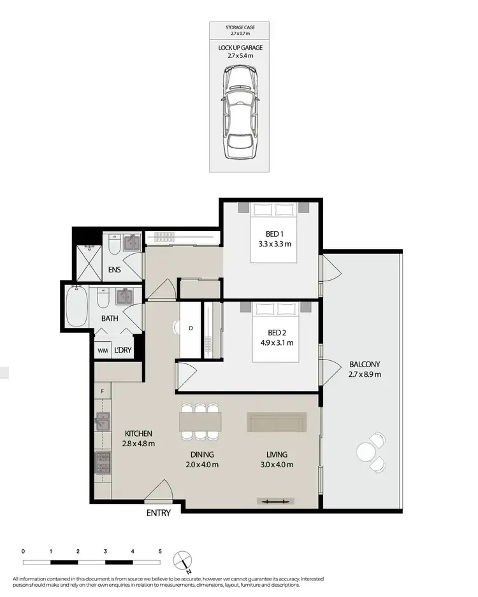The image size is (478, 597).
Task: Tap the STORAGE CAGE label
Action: pyautogui.click(x=240, y=28)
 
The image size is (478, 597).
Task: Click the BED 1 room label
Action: pyautogui.click(x=275, y=233)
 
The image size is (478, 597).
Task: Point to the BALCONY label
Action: pyautogui.click(x=364, y=365)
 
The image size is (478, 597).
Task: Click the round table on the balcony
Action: pyautogui.click(x=366, y=451)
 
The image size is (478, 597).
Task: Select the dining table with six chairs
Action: pyautogui.click(x=200, y=421)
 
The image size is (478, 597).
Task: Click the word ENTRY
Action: pyautogui.click(x=158, y=513)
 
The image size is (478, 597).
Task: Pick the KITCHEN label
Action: pyautogui.click(x=138, y=434)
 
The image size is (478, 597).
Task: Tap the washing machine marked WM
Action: pyautogui.click(x=102, y=351)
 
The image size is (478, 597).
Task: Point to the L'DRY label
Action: pyautogui.click(x=123, y=351)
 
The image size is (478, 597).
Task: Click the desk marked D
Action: pyautogui.click(x=191, y=329)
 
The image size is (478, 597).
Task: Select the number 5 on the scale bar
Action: pyautogui.click(x=160, y=551)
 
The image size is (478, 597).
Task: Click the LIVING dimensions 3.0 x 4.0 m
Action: pyautogui.click(x=277, y=465)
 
